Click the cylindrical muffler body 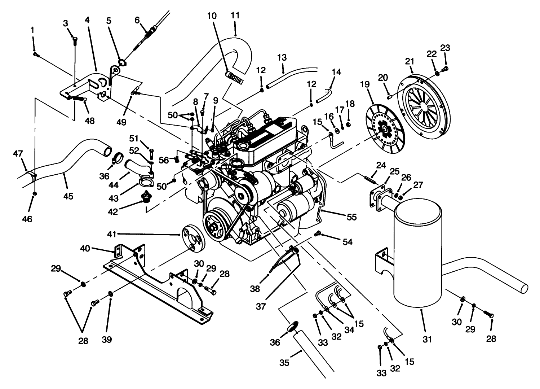click(418, 253)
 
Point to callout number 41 click(111, 234)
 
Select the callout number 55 click(351, 217)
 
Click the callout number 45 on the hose click(68, 196)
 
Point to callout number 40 click(85, 248)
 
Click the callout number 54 click(347, 242)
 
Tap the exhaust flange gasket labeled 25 click(377, 198)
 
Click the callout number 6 click(137, 20)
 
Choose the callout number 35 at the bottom click(284, 363)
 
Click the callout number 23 click(445, 48)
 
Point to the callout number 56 click(164, 160)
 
